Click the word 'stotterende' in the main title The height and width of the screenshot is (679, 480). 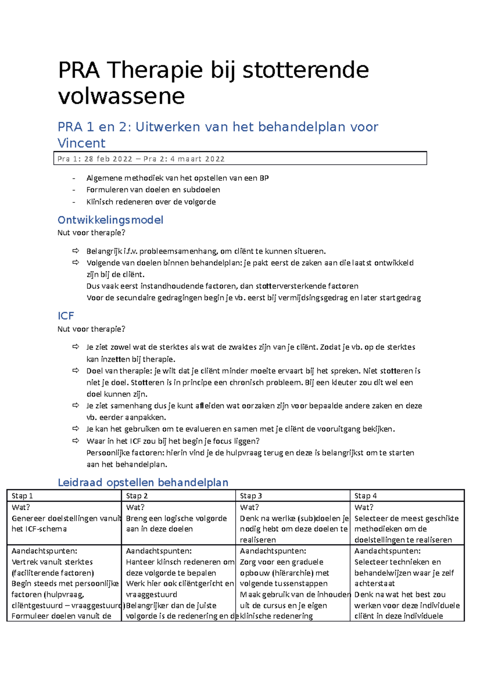click(x=306, y=70)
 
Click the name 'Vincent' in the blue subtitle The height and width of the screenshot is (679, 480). click(x=81, y=143)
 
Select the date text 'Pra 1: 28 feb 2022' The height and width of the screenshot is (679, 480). click(x=95, y=159)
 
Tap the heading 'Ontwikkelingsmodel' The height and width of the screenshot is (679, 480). click(x=110, y=220)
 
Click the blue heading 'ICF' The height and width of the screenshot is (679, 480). click(x=66, y=316)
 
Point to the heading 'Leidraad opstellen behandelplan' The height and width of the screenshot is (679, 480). click(x=143, y=482)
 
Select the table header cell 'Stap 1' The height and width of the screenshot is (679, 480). click(x=22, y=496)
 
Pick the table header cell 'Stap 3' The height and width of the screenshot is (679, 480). click(x=251, y=496)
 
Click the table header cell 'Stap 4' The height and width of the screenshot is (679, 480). click(x=365, y=496)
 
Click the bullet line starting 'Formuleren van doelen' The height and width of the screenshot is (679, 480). click(x=153, y=190)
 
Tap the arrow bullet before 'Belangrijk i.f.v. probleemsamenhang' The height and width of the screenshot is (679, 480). click(x=76, y=251)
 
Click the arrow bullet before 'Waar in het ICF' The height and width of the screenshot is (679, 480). click(x=76, y=441)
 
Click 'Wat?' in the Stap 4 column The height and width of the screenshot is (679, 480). click(x=364, y=507)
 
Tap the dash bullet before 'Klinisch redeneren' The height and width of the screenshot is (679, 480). click(x=74, y=202)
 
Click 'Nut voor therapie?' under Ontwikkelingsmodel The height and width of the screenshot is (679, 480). click(x=91, y=233)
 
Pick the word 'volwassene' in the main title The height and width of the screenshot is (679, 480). click(x=121, y=96)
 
